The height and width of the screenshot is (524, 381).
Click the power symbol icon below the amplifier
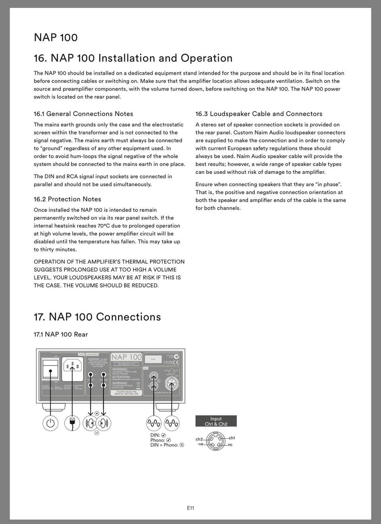[x=50, y=423]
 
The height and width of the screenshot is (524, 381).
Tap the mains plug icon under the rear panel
[x=72, y=423]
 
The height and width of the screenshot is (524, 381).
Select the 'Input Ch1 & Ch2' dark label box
[x=216, y=421]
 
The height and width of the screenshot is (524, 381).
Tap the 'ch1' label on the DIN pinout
[x=232, y=438]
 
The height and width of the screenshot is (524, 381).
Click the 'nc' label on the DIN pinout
[x=230, y=445]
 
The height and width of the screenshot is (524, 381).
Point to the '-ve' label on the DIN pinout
[x=200, y=444]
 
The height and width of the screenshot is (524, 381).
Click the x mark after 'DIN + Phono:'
[x=182, y=445]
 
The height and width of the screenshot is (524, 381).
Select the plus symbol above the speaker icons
[x=97, y=414]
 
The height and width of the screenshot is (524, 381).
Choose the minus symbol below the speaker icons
[x=97, y=432]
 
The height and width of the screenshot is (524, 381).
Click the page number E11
[x=190, y=508]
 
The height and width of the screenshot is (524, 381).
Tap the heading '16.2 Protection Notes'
[x=67, y=199]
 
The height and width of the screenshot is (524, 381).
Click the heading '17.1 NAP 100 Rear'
[x=61, y=334]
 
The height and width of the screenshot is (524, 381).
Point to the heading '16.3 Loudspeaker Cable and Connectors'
[x=259, y=114]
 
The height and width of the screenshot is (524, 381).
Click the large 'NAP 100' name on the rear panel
[x=126, y=357]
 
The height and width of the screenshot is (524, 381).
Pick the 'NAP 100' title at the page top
[x=56, y=38]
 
